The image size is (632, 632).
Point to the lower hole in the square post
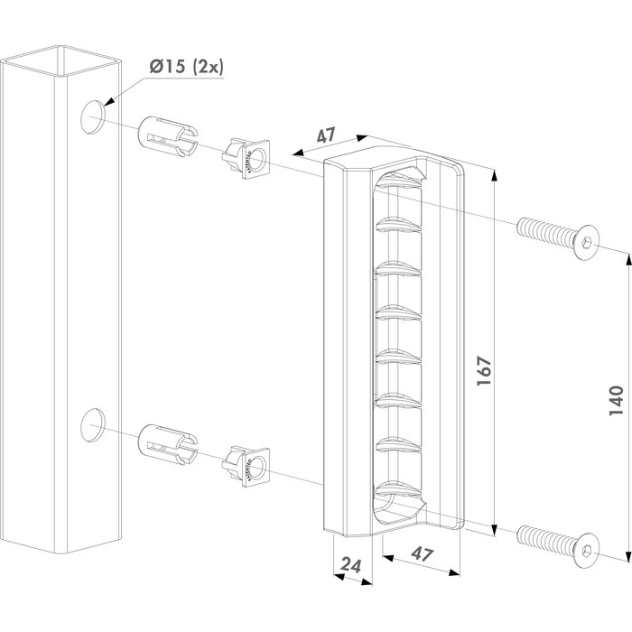click(x=93, y=424)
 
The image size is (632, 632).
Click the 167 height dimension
click(x=485, y=369)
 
